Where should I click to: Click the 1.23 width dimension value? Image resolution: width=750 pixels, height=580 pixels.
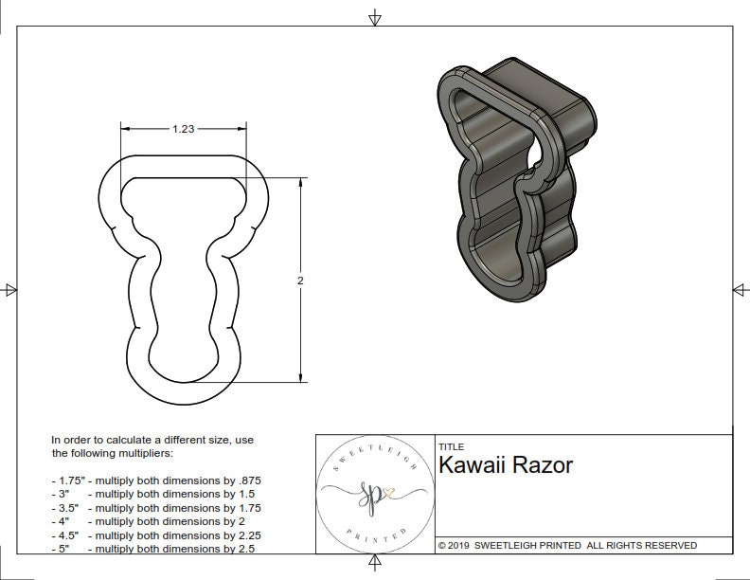click(x=184, y=130)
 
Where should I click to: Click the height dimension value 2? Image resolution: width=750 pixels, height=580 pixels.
click(x=300, y=281)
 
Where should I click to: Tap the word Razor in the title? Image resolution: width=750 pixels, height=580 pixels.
click(x=543, y=465)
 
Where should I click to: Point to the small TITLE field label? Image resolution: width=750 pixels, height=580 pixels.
click(x=451, y=447)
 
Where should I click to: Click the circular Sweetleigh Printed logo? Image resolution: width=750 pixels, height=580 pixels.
click(x=372, y=493)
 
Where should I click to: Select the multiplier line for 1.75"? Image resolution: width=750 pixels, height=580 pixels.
click(x=156, y=480)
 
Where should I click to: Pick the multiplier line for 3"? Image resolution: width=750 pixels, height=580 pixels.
click(x=152, y=494)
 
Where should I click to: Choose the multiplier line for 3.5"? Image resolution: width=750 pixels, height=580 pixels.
click(x=156, y=508)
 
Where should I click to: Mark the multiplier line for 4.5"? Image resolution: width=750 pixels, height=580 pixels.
click(x=156, y=535)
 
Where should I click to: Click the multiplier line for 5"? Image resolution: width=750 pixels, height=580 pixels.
click(x=152, y=548)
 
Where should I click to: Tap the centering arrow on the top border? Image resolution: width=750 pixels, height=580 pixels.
click(x=375, y=17)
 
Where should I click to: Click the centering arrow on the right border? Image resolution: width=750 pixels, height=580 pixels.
click(x=739, y=290)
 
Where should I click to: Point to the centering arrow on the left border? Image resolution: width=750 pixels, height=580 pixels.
click(x=10, y=290)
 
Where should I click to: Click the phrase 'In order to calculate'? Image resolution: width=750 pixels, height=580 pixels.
click(x=103, y=440)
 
